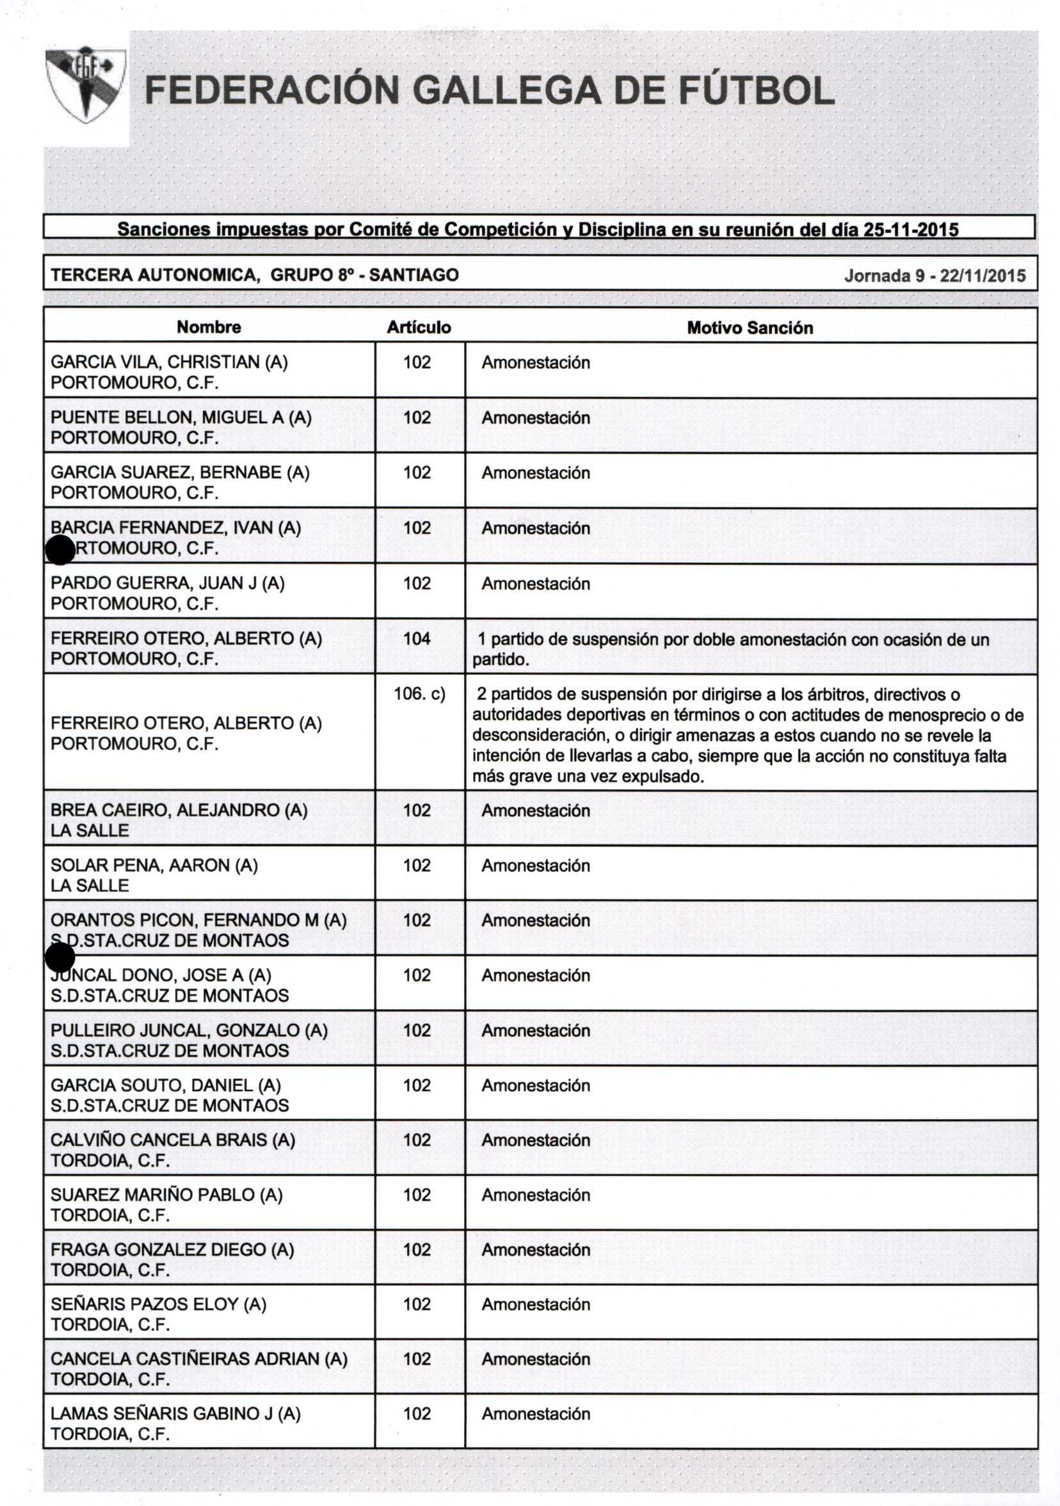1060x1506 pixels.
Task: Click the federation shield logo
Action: pyautogui.click(x=85, y=84)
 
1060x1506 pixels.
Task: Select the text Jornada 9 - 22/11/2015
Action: pyautogui.click(x=934, y=275)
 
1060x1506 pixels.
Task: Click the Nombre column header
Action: pyautogui.click(x=209, y=327)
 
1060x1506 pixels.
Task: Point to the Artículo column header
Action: pyautogui.click(x=418, y=327)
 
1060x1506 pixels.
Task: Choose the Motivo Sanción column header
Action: pyautogui.click(x=750, y=328)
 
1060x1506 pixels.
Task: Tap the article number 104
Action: pyautogui.click(x=417, y=638)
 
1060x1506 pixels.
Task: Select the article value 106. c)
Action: pyautogui.click(x=419, y=693)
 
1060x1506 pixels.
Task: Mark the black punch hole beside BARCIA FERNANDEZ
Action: pyautogui.click(x=60, y=549)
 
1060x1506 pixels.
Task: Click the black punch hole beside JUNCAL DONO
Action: pyautogui.click(x=60, y=958)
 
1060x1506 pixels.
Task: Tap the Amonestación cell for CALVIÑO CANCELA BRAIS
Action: pyautogui.click(x=536, y=1140)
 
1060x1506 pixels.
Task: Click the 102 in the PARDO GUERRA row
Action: pyautogui.click(x=417, y=583)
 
